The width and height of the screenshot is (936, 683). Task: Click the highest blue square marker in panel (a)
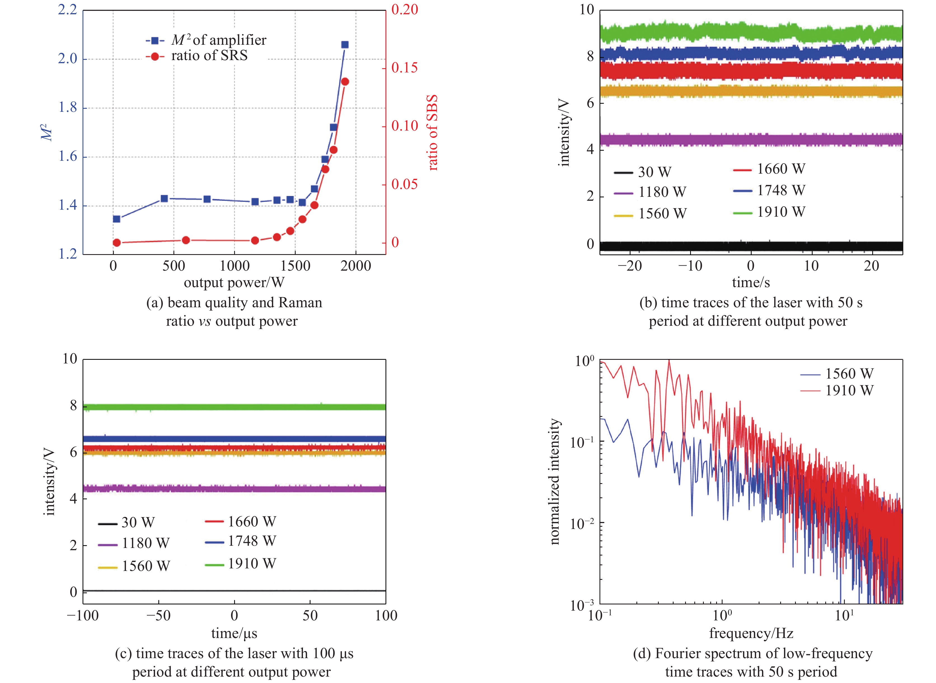(345, 45)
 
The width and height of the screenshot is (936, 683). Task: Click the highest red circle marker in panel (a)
(345, 81)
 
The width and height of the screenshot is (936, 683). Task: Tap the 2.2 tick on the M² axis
(67, 10)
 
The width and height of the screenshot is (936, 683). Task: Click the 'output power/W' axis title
(234, 282)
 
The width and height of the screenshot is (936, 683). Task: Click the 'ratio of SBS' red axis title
(432, 132)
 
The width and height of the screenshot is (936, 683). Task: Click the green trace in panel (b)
(751, 33)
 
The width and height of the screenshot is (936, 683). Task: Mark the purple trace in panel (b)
(751, 140)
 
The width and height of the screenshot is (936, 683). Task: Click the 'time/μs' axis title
(234, 634)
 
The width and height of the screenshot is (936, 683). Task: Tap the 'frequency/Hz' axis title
(751, 634)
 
